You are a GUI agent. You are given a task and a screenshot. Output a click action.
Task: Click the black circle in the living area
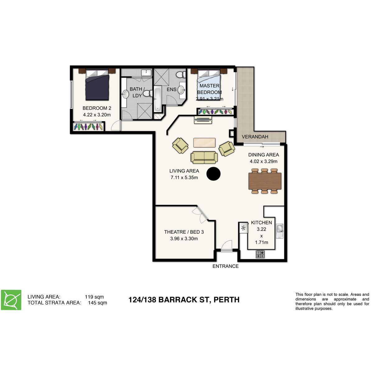tap(214, 174)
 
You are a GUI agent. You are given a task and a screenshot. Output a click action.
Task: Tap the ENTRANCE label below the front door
tap(225, 266)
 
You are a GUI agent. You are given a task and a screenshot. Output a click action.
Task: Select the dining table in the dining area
tap(265, 181)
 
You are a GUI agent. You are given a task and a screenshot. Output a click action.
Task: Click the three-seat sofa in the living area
tap(204, 157)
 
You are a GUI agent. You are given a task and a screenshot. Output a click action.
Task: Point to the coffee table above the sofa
tap(204, 142)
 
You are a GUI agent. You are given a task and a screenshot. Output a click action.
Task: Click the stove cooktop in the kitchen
tap(260, 254)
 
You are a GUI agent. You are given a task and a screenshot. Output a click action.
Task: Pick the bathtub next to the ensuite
tap(158, 99)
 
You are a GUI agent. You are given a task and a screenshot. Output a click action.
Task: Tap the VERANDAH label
tap(255, 137)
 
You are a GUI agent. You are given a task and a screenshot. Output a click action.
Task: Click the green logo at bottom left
tap(11, 300)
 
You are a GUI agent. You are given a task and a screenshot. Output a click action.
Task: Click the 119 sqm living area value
tap(94, 297)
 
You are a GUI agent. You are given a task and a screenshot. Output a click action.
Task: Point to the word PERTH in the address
tap(227, 300)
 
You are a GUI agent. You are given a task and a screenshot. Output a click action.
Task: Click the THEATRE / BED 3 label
tap(184, 232)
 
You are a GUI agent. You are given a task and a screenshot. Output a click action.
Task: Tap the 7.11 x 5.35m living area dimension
tap(184, 177)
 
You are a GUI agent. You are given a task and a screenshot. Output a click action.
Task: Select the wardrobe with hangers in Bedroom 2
tap(89, 127)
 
